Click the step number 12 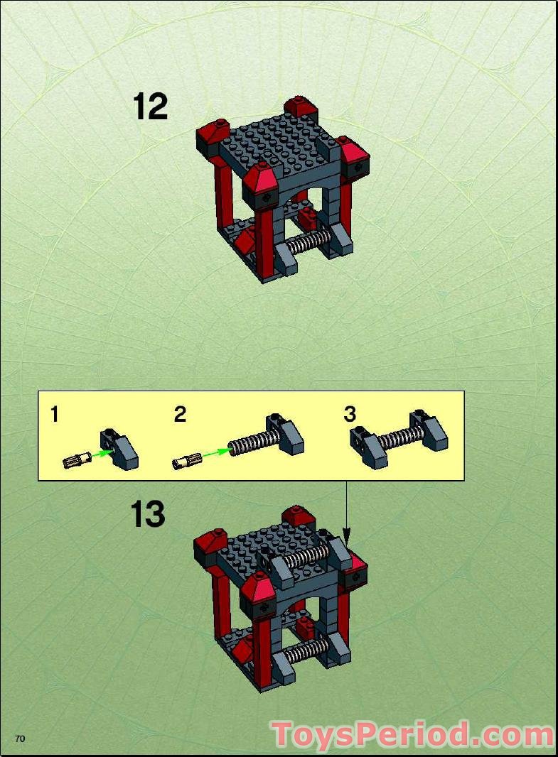point(150,107)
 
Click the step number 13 point(147,514)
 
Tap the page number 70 point(20,739)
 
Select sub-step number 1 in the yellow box point(55,415)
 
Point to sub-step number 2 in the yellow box point(180,415)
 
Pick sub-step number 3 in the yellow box point(350,414)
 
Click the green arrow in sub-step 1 point(103,452)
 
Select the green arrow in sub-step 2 point(213,454)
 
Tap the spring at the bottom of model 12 point(310,242)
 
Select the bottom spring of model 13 point(309,650)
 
